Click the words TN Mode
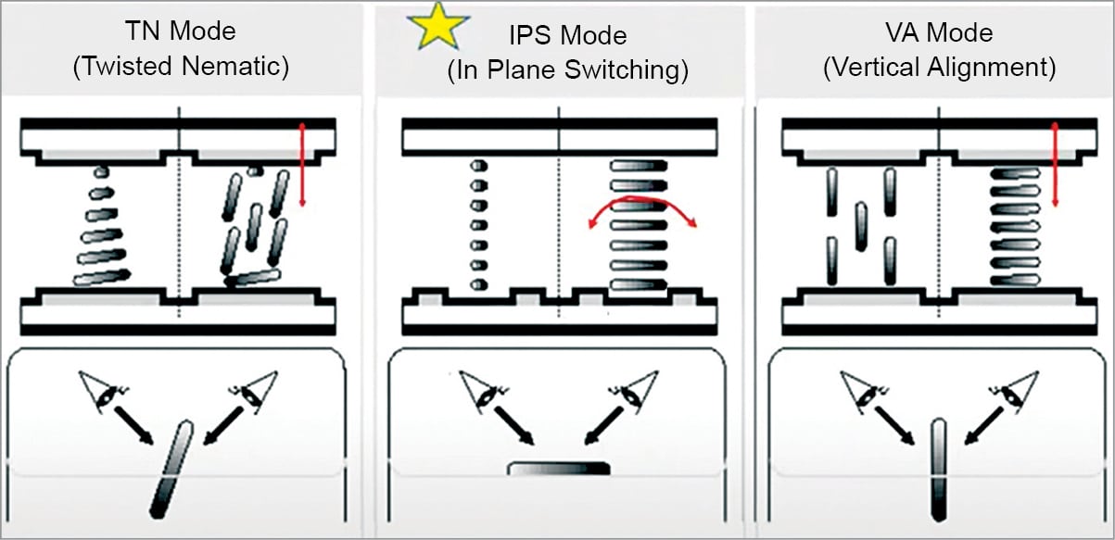coord(180,31)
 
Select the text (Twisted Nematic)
coord(180,67)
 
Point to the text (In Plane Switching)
coord(568,71)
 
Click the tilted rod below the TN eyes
coord(171,467)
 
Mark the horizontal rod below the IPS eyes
coord(558,469)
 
